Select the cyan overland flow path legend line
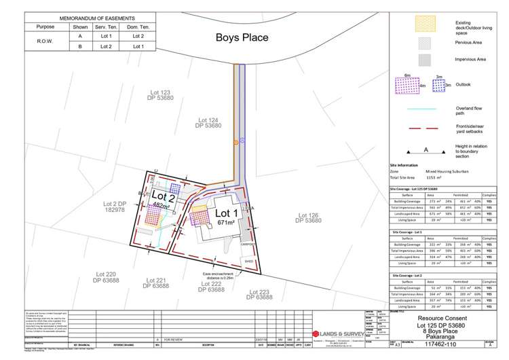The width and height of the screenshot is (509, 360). point(415,107)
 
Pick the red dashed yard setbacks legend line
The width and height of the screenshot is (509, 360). point(415,128)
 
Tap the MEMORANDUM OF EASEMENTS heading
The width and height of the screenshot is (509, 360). point(88,17)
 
